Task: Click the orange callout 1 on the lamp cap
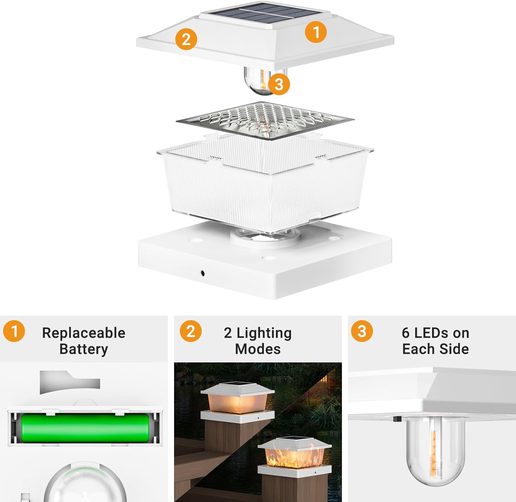(x=316, y=32)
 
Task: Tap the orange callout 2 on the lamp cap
(x=186, y=39)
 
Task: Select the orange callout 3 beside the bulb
(x=279, y=84)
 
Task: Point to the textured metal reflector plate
(x=265, y=121)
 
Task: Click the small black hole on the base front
(x=203, y=273)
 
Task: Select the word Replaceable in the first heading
(x=84, y=333)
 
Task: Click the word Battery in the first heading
(x=84, y=349)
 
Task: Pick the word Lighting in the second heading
(x=264, y=333)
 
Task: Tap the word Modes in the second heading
(x=258, y=349)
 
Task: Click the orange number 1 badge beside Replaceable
(x=14, y=331)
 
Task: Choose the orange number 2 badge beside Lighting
(x=191, y=331)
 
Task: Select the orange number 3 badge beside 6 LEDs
(x=362, y=331)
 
